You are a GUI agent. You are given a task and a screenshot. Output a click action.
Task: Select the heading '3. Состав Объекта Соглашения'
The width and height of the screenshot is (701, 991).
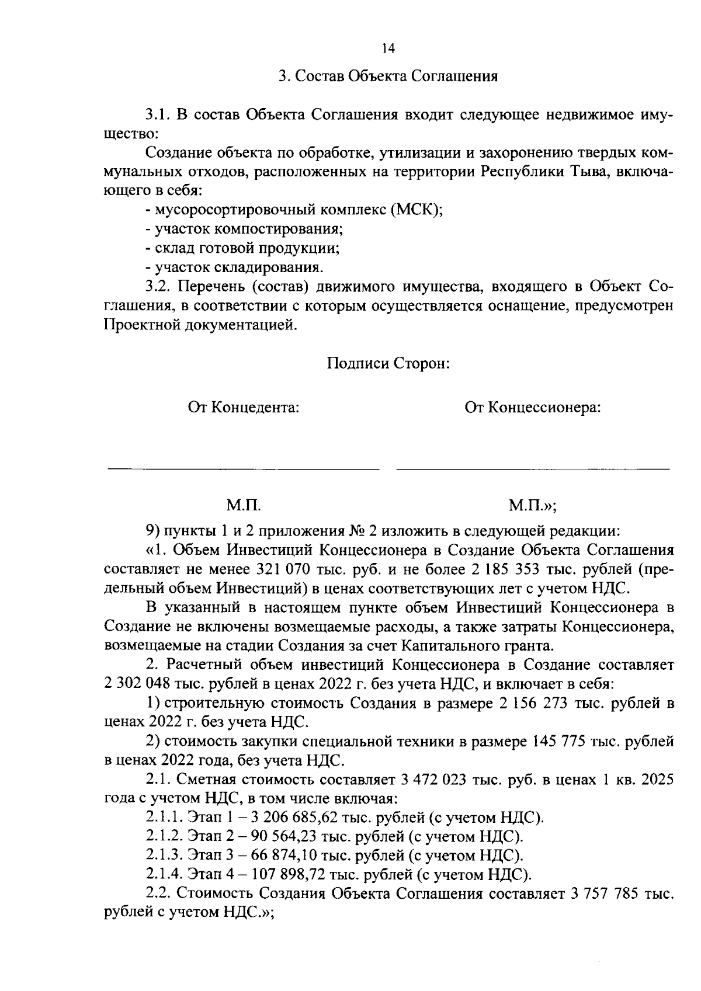point(388,77)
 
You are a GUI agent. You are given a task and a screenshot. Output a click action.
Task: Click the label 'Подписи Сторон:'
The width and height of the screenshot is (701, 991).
point(388,363)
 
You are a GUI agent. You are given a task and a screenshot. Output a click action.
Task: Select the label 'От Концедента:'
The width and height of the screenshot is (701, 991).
point(244,407)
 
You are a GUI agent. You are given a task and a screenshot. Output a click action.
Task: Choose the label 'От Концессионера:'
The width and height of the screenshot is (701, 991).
point(533,407)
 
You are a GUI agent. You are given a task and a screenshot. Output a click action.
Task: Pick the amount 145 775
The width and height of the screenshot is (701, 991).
point(561,742)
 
